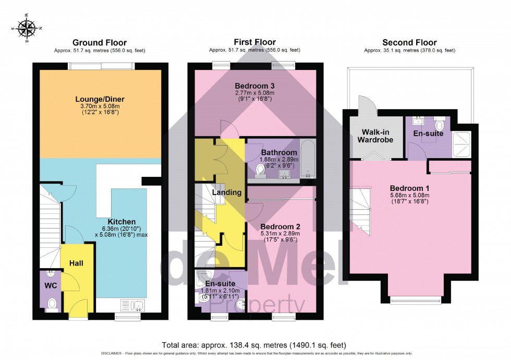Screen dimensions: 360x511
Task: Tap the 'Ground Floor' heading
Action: (99, 43)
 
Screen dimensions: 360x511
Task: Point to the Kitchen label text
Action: (121, 222)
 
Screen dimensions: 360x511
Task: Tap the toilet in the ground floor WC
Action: (52, 303)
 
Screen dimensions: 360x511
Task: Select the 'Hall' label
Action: (77, 263)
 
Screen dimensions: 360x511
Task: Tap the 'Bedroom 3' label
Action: (254, 86)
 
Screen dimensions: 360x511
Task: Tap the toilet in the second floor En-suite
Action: (439, 125)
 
